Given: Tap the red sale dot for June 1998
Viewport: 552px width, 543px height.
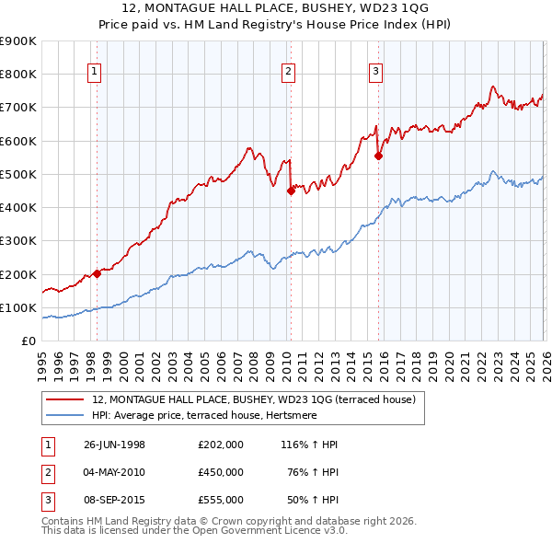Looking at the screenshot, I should (x=97, y=273).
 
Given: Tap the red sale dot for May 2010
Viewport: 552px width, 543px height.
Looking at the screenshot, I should (x=290, y=191).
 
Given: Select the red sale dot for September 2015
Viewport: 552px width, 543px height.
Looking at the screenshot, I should (x=378, y=156).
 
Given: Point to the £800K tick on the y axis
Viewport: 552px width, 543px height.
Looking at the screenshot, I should (x=18, y=74).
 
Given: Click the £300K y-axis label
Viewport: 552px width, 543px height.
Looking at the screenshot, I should (x=18, y=241).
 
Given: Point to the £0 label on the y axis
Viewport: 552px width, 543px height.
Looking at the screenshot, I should (x=28, y=341).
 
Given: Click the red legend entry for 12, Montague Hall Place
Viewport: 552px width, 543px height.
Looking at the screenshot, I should (x=254, y=399).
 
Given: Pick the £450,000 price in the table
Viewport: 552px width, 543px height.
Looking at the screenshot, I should (x=220, y=472).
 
